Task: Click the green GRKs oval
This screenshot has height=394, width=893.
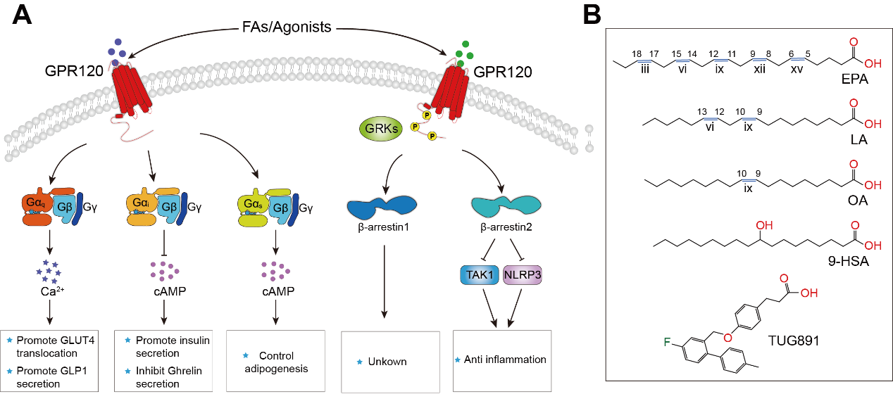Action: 380,128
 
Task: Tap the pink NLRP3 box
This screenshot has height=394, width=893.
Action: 523,275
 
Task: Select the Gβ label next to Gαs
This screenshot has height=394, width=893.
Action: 280,208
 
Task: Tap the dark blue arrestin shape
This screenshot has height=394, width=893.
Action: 382,205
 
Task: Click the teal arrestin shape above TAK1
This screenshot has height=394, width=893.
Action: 506,205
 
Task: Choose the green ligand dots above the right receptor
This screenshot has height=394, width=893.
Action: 463,53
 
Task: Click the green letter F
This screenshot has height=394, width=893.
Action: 667,343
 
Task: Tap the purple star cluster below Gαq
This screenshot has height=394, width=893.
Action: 48,271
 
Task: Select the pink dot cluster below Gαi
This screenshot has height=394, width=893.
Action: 163,269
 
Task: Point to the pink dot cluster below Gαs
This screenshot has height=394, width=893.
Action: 275,269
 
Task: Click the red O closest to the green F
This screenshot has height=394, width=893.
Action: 727,338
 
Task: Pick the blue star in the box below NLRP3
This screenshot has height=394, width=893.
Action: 458,360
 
